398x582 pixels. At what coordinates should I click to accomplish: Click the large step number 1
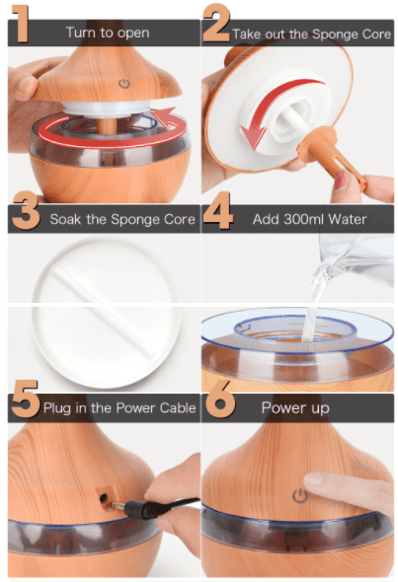(x=21, y=23)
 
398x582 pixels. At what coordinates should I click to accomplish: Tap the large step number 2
(x=216, y=23)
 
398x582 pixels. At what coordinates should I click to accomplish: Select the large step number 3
(x=26, y=210)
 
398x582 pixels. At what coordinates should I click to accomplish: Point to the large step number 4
(x=218, y=210)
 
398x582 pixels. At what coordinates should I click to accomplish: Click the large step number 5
(x=26, y=399)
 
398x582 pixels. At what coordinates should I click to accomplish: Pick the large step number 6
(x=220, y=399)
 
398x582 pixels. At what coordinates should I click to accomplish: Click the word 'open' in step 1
(x=133, y=34)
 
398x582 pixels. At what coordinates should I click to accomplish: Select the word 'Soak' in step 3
(x=65, y=219)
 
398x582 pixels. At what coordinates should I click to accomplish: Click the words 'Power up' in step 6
(x=295, y=408)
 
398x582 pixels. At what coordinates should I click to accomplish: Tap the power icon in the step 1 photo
(x=124, y=84)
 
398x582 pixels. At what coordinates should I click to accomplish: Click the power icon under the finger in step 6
(x=300, y=496)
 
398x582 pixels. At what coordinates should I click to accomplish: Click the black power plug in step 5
(x=140, y=508)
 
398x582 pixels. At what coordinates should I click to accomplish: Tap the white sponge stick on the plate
(x=104, y=312)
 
